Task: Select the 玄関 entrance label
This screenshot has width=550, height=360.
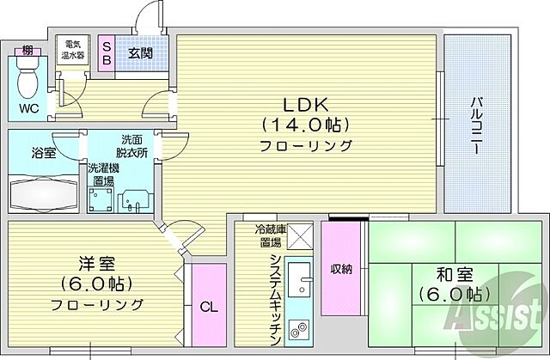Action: [x=141, y=52]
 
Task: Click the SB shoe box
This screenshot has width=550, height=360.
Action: [x=107, y=53]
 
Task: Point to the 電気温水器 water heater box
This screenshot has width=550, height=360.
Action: [x=70, y=50]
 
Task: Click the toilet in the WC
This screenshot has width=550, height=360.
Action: [x=29, y=80]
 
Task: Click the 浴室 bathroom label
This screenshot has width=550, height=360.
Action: [x=42, y=152]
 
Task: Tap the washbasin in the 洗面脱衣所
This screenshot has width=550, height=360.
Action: [x=136, y=202]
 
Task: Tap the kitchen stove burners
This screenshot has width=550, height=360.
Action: [x=301, y=330]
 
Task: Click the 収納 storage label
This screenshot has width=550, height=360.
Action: [x=341, y=269]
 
